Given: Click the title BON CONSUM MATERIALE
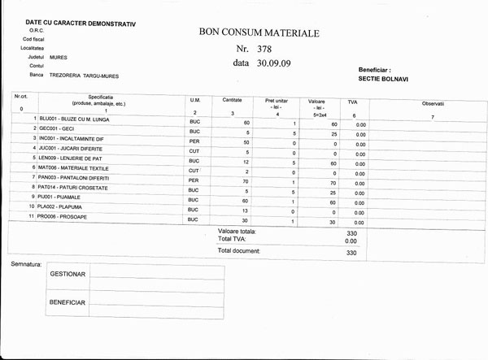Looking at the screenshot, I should [259, 33].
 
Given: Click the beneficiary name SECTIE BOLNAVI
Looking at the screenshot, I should [384, 80].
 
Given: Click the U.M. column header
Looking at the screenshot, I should [194, 100].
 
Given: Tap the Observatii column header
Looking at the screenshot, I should [433, 105].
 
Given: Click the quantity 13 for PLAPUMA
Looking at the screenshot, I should [246, 210].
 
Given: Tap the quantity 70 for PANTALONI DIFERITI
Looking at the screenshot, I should [246, 181].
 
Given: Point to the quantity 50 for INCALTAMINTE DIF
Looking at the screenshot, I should [246, 142].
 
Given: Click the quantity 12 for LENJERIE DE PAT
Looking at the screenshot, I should [246, 163].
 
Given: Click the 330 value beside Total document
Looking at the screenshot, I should [351, 253].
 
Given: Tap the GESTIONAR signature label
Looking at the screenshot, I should [68, 275].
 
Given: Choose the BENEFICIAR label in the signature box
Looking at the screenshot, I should [68, 302].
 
